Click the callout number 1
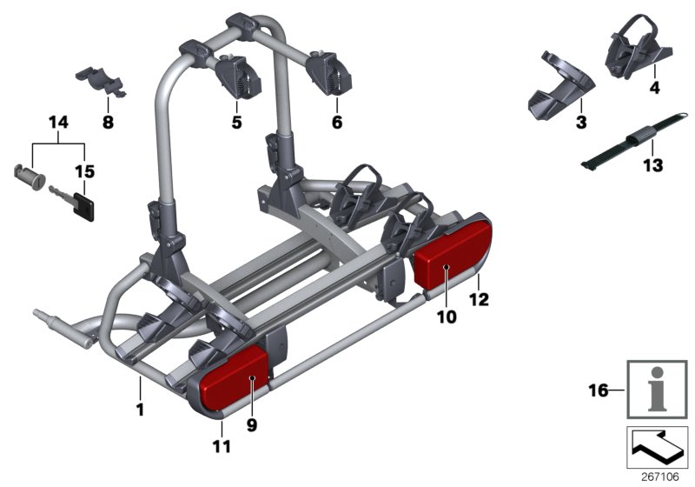pyautogui.click(x=140, y=407)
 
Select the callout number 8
pyautogui.click(x=108, y=123)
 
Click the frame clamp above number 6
pyautogui.click(x=331, y=70)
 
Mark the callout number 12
pyautogui.click(x=479, y=300)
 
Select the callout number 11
pyautogui.click(x=222, y=447)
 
